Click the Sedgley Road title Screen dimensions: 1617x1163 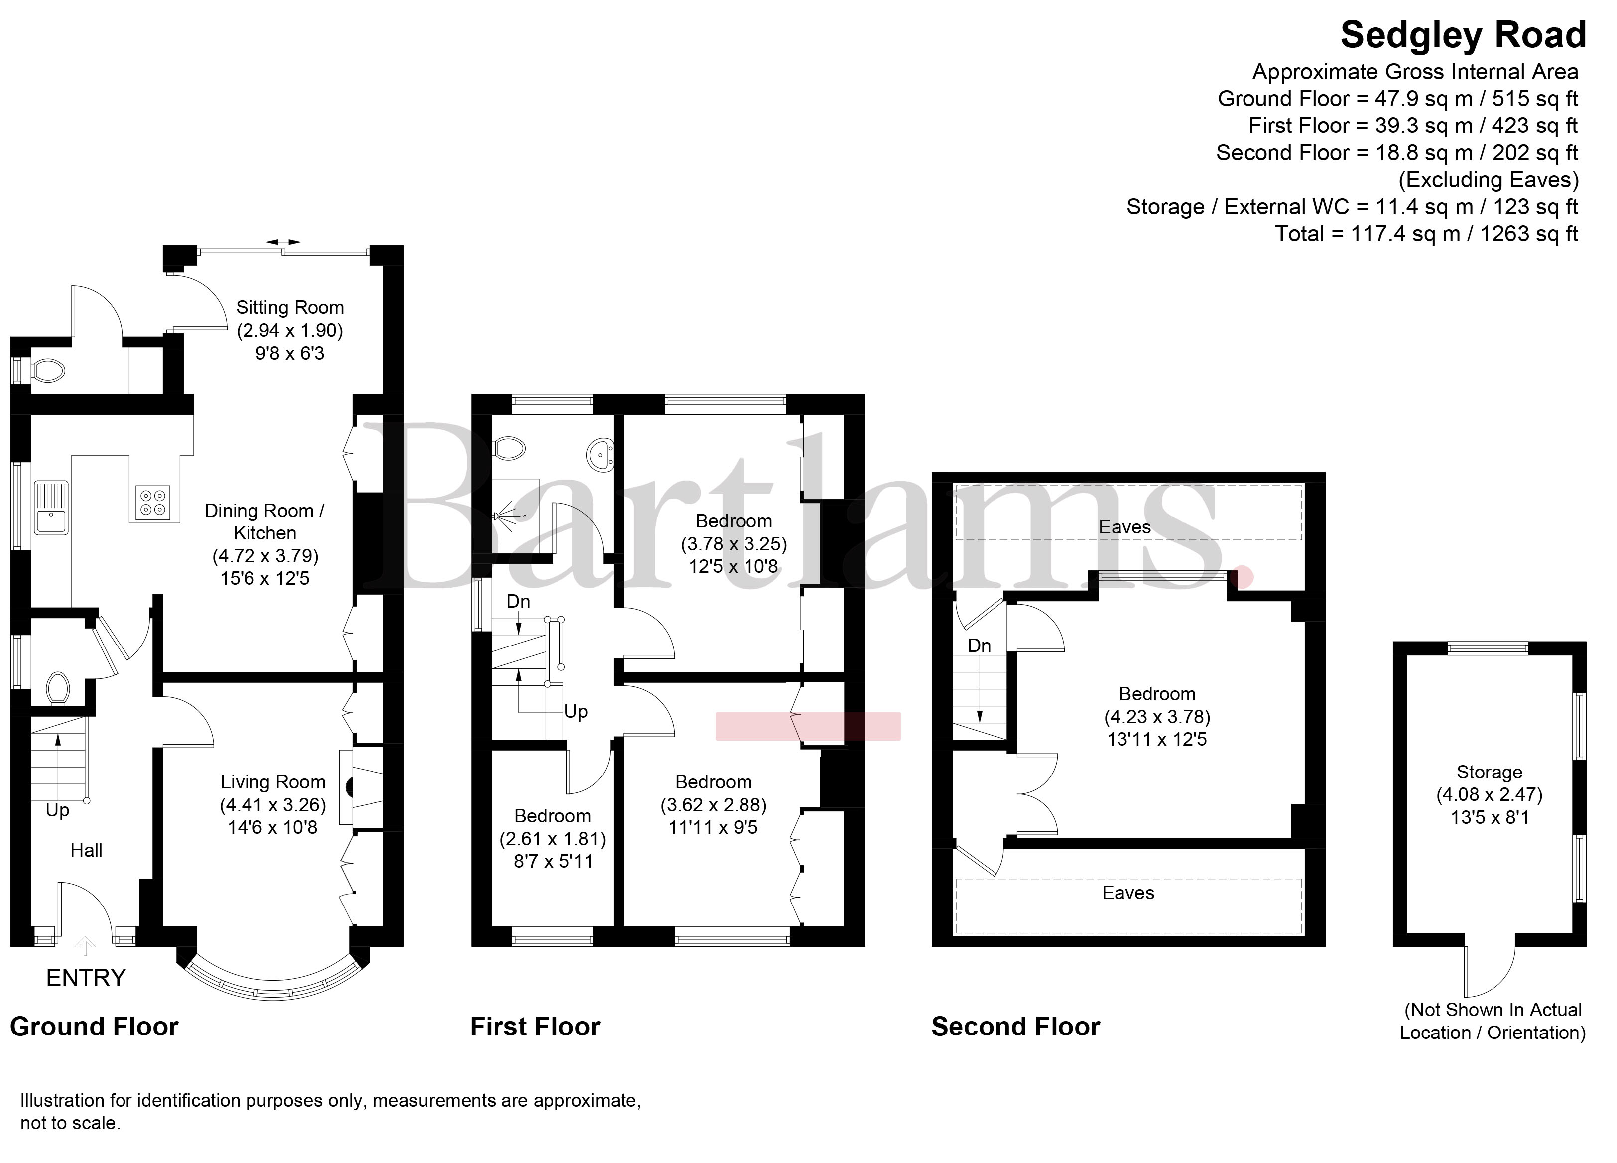tap(1463, 36)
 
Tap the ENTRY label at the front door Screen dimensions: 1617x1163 tap(86, 978)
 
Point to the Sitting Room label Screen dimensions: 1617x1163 tap(290, 307)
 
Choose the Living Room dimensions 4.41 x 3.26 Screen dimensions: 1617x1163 tap(273, 805)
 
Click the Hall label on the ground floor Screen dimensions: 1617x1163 tap(86, 850)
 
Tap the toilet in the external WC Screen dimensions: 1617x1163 tap(48, 371)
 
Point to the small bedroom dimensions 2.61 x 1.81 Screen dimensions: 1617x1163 tap(553, 839)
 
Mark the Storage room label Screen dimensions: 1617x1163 tap(1490, 772)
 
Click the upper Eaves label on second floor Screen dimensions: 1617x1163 tap(1125, 527)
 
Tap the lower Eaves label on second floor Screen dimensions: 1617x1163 tap(1128, 893)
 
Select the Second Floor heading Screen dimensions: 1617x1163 tap(1016, 1027)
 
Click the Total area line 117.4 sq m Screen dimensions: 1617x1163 tap(1427, 234)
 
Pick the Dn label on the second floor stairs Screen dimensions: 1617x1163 tap(980, 646)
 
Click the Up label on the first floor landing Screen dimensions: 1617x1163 tap(576, 712)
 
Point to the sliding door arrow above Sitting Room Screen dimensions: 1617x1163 tap(283, 243)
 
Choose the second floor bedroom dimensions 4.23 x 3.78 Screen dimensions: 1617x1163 tap(1157, 717)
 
